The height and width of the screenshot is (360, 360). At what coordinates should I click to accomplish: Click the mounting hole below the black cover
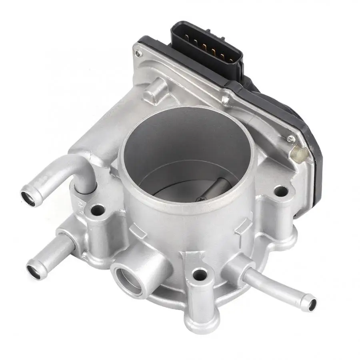coord(282,191)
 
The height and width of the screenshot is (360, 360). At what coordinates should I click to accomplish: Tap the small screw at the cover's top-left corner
coord(138,52)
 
